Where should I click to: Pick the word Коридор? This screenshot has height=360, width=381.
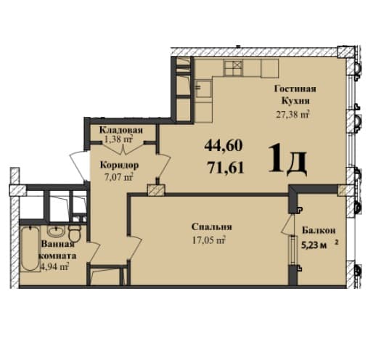(x=118, y=165)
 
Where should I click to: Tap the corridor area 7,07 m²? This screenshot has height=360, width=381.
(x=118, y=176)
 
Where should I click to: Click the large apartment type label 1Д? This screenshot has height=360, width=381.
(x=287, y=159)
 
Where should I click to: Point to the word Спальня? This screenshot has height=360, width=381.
(x=207, y=226)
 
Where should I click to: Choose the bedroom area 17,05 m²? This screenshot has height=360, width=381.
(x=207, y=238)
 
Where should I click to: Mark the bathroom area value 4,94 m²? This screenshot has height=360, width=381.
(x=54, y=267)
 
